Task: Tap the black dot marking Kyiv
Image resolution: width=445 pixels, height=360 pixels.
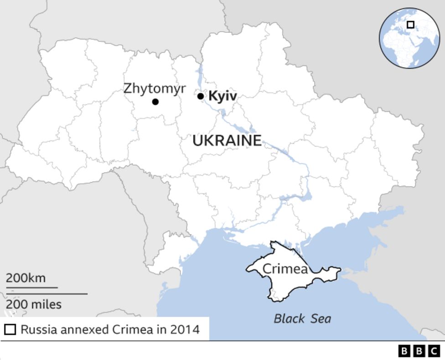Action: (201, 96)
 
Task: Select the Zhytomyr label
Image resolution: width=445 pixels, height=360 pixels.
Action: (155, 88)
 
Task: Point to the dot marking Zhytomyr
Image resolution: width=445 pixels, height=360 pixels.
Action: (155, 102)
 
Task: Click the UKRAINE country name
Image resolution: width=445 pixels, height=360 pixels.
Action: (227, 141)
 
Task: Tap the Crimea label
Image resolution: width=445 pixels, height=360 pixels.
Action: (285, 269)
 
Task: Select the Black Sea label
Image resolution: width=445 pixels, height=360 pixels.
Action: (302, 318)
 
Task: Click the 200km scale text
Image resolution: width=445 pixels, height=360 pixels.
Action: (26, 278)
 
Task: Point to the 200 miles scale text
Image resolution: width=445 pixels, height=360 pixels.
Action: (34, 304)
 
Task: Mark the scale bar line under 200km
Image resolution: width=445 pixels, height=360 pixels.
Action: (32, 287)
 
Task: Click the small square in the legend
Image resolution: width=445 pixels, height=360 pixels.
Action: (10, 329)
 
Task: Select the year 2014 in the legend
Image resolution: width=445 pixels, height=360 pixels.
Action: (185, 329)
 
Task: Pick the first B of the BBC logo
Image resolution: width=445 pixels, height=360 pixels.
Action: (404, 350)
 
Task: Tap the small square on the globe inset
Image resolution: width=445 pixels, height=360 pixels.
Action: (411, 25)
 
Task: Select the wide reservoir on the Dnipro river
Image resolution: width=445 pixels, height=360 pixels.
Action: (299, 198)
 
